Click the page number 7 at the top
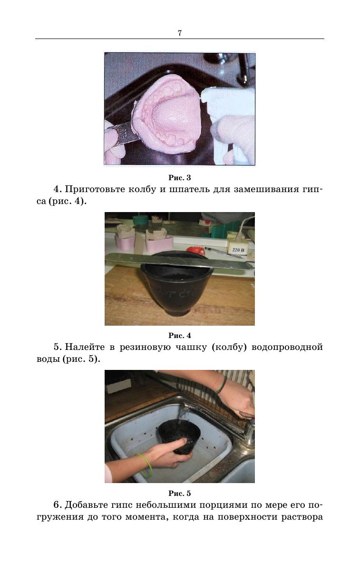click(180, 33)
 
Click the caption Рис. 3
click(180, 178)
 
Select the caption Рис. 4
click(180, 336)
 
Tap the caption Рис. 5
click(180, 493)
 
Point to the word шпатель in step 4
click(189, 190)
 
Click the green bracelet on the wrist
click(145, 465)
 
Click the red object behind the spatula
click(196, 251)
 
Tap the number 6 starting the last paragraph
click(57, 505)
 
